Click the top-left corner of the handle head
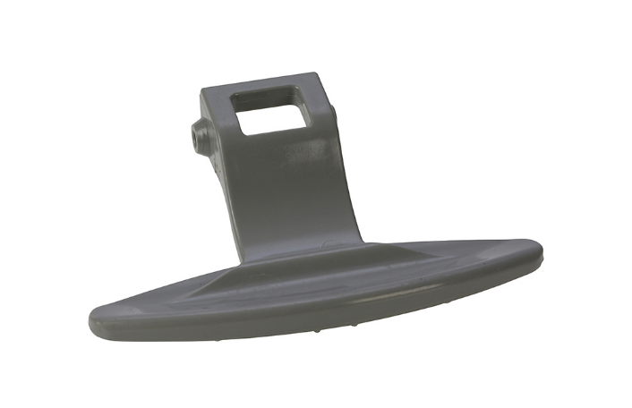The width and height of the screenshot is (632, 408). [x=205, y=90]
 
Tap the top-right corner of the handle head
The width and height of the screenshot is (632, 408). [x=313, y=76]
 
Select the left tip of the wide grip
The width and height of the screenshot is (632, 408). [x=95, y=322]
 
